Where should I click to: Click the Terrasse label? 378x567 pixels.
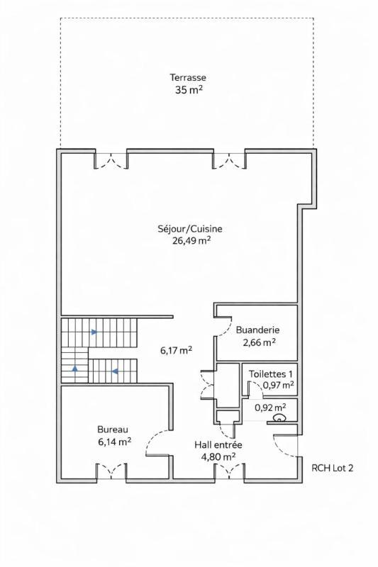click(188, 77)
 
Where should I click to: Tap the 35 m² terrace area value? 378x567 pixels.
click(188, 90)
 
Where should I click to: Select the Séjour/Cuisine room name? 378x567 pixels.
click(190, 228)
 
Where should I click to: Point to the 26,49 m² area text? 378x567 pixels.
click(190, 240)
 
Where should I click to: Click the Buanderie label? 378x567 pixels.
click(257, 330)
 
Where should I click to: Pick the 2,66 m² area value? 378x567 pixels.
click(258, 342)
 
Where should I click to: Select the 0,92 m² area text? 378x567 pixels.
click(270, 408)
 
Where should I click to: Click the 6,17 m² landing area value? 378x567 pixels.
click(176, 350)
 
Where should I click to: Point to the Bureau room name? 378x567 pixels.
click(113, 429)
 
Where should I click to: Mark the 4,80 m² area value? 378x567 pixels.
click(218, 456)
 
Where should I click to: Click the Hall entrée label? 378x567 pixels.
click(218, 444)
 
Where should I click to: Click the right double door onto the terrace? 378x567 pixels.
click(228, 162)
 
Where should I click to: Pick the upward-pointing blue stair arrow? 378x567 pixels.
click(74, 369)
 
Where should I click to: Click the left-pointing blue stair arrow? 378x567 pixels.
click(113, 369)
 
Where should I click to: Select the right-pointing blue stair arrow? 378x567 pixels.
click(92, 331)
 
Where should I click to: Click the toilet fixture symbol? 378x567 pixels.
click(279, 418)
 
